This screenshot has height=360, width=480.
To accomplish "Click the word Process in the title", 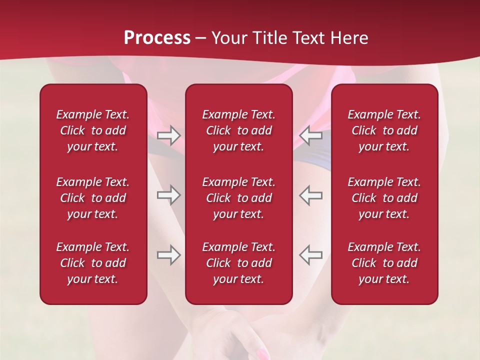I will [x=157, y=38].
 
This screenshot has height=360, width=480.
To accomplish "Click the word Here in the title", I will [x=348, y=38].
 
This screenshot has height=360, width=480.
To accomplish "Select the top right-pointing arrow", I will [x=169, y=135].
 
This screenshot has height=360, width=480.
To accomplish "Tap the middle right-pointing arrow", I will [x=169, y=195].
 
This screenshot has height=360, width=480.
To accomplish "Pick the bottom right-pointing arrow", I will [x=169, y=255].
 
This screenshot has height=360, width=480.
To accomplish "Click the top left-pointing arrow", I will [x=310, y=135].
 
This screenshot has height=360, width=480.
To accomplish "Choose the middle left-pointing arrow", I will [x=310, y=195].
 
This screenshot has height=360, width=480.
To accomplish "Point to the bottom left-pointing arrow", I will [x=310, y=255].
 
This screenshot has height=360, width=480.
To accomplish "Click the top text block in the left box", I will [x=93, y=130].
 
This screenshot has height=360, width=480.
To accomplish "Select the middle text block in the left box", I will [x=93, y=198].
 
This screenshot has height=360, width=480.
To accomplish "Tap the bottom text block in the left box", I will [x=93, y=263].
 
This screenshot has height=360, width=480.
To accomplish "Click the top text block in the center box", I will [x=238, y=130].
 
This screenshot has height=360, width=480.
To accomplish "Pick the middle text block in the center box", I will [x=238, y=198].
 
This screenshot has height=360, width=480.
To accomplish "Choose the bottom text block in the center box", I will [x=238, y=263].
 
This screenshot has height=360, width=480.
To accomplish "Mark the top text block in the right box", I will [x=384, y=130].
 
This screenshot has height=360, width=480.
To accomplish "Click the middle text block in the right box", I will [x=384, y=198].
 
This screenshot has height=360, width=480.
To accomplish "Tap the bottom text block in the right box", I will [x=384, y=263].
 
